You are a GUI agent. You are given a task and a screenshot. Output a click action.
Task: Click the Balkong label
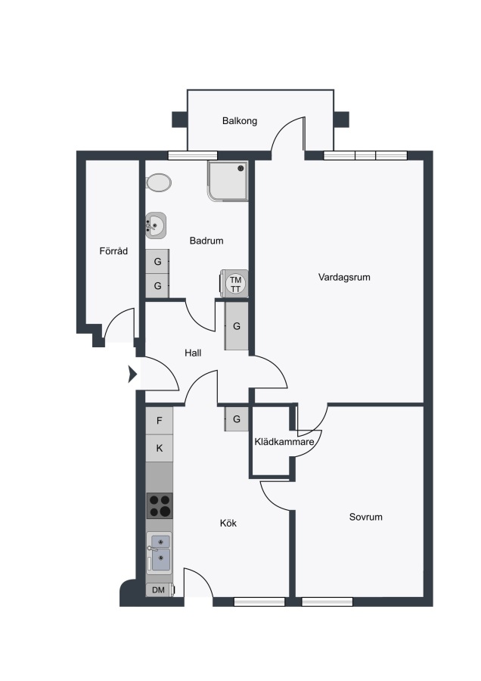pyautogui.click(x=240, y=121)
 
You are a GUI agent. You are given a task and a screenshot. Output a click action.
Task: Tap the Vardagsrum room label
pyautogui.click(x=344, y=277)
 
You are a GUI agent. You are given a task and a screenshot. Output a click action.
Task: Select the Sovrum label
pyautogui.click(x=366, y=517)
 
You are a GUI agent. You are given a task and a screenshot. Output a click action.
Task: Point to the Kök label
pyautogui.click(x=228, y=523)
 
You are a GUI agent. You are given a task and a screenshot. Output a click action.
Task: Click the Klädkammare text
pyautogui.click(x=284, y=442)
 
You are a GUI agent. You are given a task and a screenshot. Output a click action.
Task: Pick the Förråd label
pyautogui.click(x=113, y=250)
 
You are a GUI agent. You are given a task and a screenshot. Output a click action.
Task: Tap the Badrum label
pyautogui.click(x=206, y=241)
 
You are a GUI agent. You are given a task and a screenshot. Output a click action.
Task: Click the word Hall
pyautogui.click(x=193, y=353)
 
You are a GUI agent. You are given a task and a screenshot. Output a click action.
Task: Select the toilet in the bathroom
pyautogui.click(x=159, y=182)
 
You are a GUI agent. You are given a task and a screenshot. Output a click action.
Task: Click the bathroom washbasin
pyautogui.click(x=156, y=225)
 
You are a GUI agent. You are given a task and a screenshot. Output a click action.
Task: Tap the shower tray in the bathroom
pyautogui.click(x=228, y=181)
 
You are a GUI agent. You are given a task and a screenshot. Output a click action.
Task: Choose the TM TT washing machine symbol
pyautogui.click(x=235, y=284)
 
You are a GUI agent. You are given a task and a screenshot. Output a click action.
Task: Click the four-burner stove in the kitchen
pyautogui.click(x=160, y=506)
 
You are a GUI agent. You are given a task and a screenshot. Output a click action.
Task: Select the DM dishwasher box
pyautogui.click(x=160, y=589)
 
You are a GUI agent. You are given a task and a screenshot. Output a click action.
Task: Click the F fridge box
pyautogui.click(x=160, y=421)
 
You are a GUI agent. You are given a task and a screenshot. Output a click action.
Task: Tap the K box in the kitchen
pyautogui.click(x=160, y=448)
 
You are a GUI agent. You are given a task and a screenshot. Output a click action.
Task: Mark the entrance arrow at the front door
pyautogui.click(x=133, y=374)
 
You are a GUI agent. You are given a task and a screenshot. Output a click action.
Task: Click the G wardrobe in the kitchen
pyautogui.click(x=237, y=419)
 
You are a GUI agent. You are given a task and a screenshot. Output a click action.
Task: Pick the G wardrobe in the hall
pyautogui.click(x=237, y=325)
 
